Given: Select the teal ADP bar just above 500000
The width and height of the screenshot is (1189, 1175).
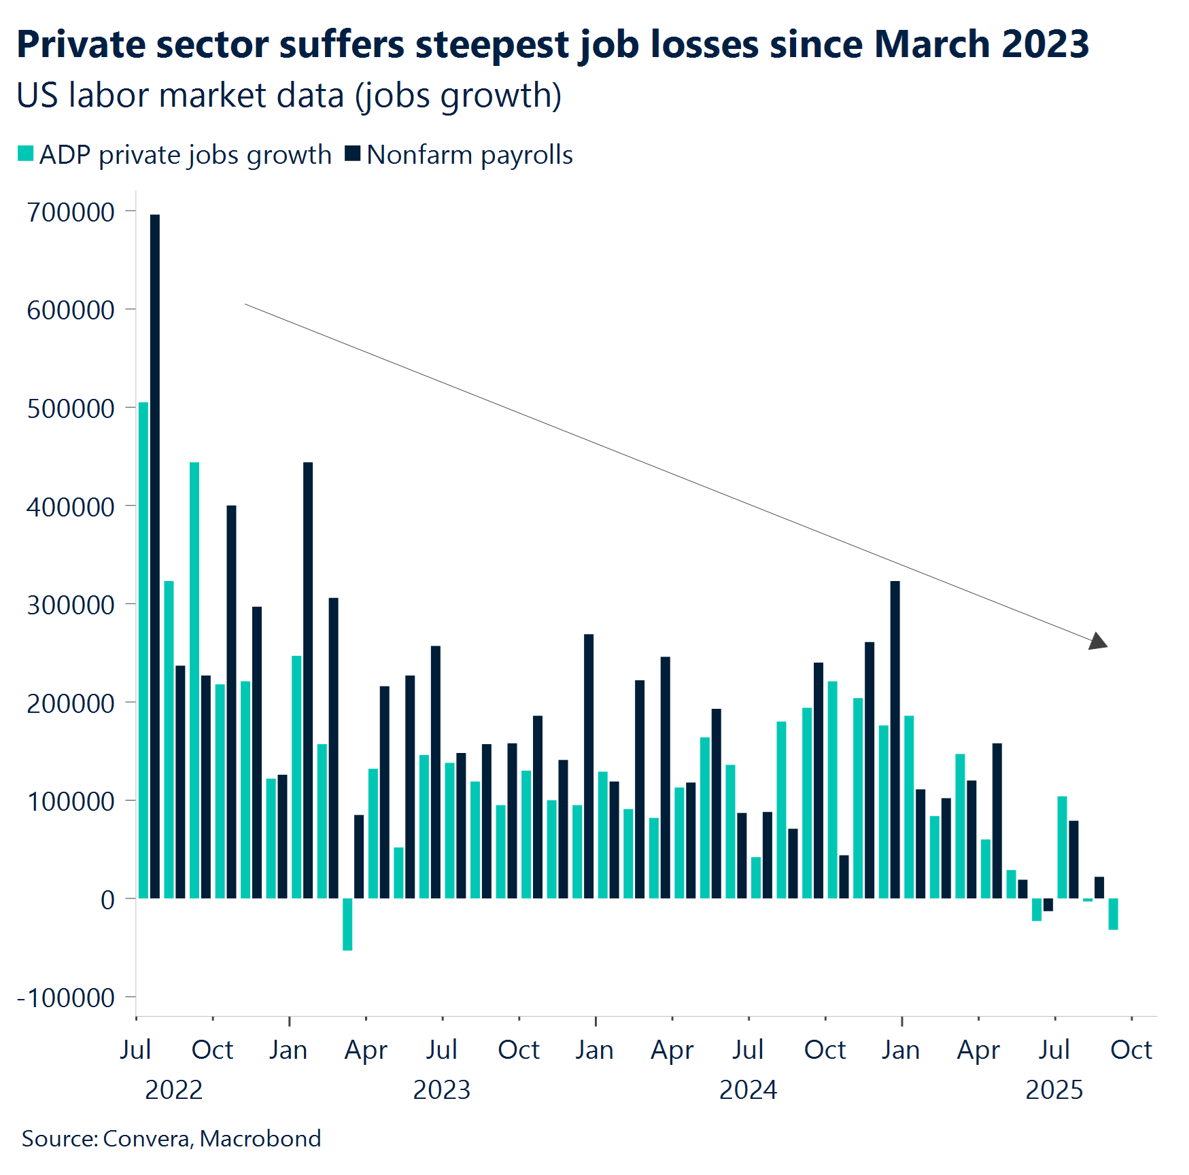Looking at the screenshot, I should pos(143,650).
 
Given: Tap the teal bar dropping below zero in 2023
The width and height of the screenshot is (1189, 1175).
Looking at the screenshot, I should pos(347,924).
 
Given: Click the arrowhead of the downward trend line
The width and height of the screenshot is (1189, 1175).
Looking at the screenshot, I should pos(1098,642).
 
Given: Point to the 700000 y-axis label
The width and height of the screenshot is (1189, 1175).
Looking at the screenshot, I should pos(71,213).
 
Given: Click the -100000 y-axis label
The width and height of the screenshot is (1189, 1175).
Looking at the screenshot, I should pos(66,998).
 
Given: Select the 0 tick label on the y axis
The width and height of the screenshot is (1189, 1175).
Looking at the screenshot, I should pos(107,900).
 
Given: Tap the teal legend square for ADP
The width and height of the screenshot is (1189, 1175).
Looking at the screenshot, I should pos(26,154).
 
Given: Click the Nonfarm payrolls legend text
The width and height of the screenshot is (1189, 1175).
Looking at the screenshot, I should pos(470,155).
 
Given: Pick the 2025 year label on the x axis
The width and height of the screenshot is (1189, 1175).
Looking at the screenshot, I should pos(1054,1090).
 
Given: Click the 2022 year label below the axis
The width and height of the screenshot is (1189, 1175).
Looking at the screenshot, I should pos(174,1090).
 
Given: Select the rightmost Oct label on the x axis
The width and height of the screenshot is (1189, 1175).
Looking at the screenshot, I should pos(1131,1050).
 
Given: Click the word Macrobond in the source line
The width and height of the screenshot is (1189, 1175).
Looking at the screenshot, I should pos(260,1138).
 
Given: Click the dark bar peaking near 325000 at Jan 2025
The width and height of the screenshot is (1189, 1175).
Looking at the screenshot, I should pos(895,739).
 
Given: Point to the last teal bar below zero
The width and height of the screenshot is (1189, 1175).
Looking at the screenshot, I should pos(1113,914).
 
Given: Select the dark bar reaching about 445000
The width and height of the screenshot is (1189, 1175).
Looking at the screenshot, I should pos(308,680).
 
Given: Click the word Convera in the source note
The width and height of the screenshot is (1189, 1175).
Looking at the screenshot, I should pos(146,1138).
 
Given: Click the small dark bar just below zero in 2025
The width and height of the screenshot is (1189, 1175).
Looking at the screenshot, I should pos(1048,905).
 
